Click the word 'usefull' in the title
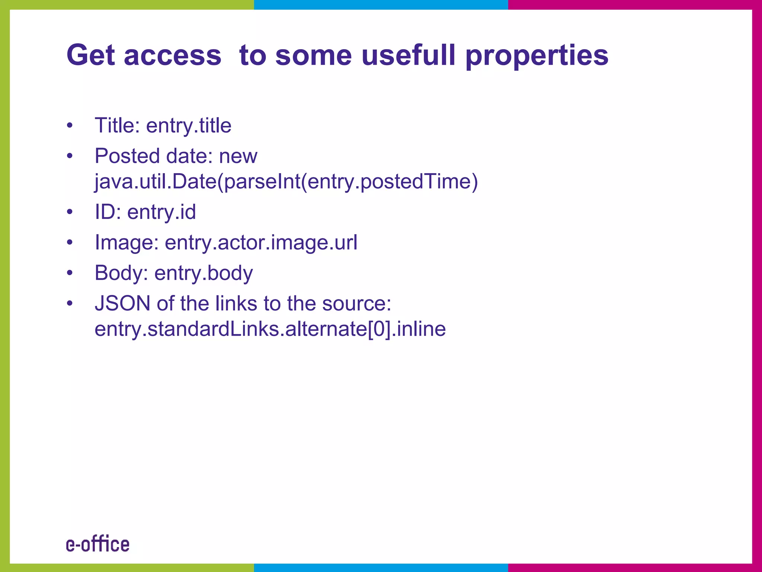coord(409,55)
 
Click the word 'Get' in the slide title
coord(90,55)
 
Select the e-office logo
coord(98,544)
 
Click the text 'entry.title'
coord(189,125)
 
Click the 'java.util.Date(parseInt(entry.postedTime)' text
coord(286,182)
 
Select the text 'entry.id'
coord(161,212)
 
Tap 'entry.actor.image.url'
coord(261,242)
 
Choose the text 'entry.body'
coord(204,273)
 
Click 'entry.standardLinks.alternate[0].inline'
coord(270,329)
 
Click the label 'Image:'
coord(127,242)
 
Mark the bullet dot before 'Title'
coord(70,125)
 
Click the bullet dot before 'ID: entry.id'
coord(70,212)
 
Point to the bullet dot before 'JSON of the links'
coord(70,303)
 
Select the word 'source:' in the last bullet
coord(356,303)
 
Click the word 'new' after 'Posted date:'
coord(238,156)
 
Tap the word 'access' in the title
coord(173,55)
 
